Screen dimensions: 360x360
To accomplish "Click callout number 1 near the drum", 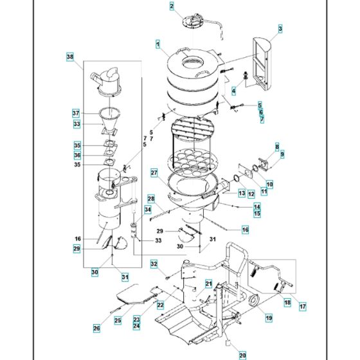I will click(x=157, y=44).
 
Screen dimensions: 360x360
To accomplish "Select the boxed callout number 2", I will click(x=172, y=6).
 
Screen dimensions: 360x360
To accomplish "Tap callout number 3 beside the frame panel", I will click(x=280, y=28).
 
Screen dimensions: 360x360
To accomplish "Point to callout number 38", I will click(x=70, y=57).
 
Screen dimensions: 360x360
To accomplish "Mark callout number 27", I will click(x=154, y=172).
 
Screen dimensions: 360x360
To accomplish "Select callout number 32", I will click(x=154, y=264).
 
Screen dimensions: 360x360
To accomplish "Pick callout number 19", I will click(x=268, y=318).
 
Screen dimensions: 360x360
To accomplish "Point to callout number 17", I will click(x=302, y=306).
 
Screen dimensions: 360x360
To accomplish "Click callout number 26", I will click(x=97, y=328).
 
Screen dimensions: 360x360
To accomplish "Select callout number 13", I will click(x=242, y=193).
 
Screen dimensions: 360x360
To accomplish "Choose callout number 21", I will click(x=208, y=283).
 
